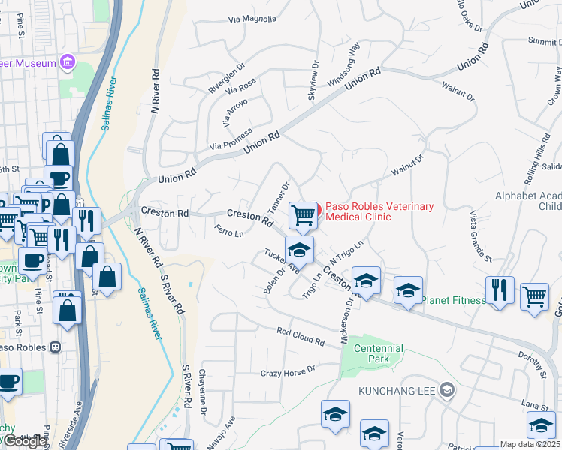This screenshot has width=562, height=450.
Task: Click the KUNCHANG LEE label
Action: point(397,391)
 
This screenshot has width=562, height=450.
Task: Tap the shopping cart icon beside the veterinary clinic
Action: point(303,215)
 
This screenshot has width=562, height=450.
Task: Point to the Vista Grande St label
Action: point(480,236)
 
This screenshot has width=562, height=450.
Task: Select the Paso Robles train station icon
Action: point(55,347)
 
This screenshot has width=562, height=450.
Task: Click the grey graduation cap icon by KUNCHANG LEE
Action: point(448,389)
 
